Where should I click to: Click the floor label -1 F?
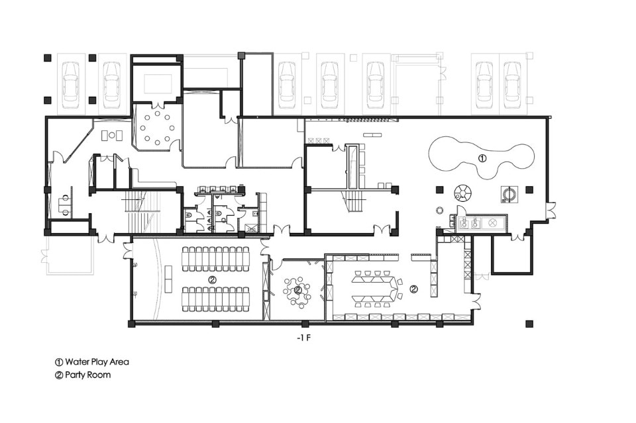pyautogui.click(x=303, y=338)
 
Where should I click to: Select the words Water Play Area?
pyautogui.click(x=97, y=362)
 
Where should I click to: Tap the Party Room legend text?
pyautogui.click(x=87, y=375)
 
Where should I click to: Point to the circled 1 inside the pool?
pyautogui.click(x=482, y=158)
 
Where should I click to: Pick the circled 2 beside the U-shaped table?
pyautogui.click(x=413, y=289)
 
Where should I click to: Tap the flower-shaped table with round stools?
pyautogui.click(x=297, y=291)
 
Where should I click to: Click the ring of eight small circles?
pyautogui.click(x=157, y=128)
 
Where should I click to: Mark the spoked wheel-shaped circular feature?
pyautogui.click(x=462, y=192)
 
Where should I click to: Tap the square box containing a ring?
pyautogui.click(x=509, y=193)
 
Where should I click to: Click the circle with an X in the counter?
pyautogui.click(x=492, y=222)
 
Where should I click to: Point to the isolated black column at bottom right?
pyautogui.click(x=529, y=324)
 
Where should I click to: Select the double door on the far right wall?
pyautogui.click(x=551, y=211)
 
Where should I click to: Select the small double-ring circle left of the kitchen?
pyautogui.click(x=440, y=210)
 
